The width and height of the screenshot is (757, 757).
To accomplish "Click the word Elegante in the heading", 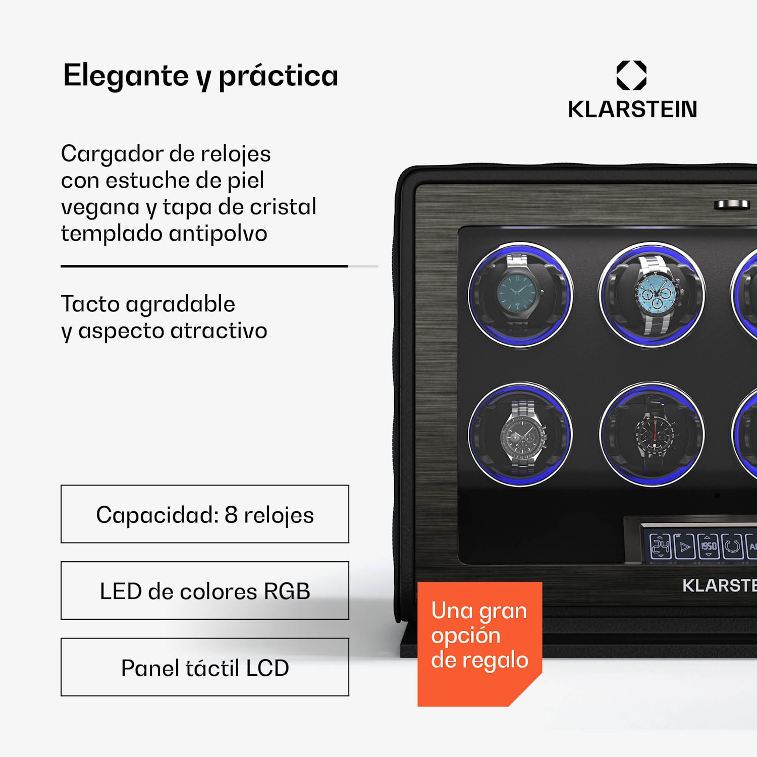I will coord(126,76).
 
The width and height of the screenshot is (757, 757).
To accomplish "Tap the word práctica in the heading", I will coord(278,76).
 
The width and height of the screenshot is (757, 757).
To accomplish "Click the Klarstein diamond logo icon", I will coord(631,76).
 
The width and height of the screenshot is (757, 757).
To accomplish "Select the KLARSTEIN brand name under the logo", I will coord(632,110).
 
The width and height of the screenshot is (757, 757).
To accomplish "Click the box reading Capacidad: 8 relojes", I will coord(205,514).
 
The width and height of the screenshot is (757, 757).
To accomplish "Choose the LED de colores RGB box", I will coord(205,590).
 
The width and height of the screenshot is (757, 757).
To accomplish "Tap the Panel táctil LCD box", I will coord(205,667).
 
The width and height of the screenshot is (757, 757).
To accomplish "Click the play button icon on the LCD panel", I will coord(685,547).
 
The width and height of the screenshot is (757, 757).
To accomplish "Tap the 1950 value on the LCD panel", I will coord(709,546).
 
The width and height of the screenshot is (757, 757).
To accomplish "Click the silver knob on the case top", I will coord(731,204).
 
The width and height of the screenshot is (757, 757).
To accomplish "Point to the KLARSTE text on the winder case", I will coord(719,585).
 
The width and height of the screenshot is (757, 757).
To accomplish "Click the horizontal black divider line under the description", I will coord(204,266).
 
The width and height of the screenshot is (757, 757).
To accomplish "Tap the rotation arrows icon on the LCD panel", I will coord(732,547).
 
